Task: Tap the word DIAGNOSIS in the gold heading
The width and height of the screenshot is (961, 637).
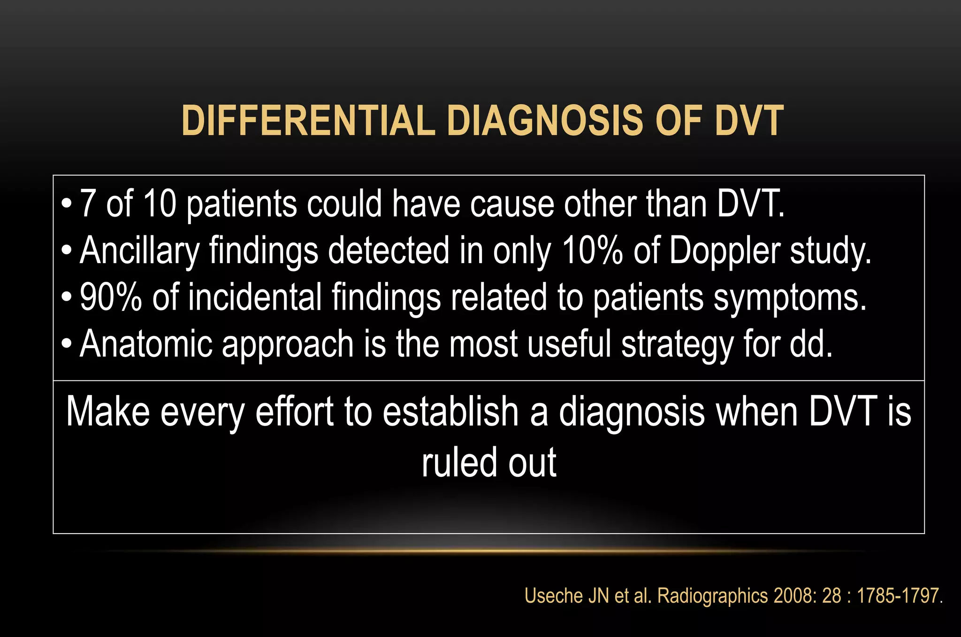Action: (x=545, y=121)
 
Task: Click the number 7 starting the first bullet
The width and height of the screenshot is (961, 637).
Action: (x=88, y=204)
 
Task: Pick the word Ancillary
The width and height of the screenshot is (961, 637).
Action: (x=140, y=251)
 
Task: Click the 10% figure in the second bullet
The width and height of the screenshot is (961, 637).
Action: (x=593, y=251)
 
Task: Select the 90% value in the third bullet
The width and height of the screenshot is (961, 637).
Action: (x=111, y=297)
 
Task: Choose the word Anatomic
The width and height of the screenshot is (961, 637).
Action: (x=146, y=344)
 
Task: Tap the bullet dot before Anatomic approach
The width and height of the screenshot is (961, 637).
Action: (x=67, y=344)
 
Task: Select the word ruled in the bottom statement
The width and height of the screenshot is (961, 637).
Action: (x=459, y=463)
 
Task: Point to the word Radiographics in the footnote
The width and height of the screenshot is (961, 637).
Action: (x=713, y=596)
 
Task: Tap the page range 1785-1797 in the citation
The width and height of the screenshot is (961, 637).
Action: (x=898, y=596)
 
